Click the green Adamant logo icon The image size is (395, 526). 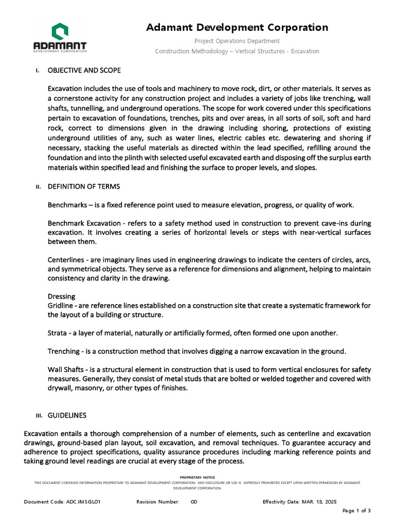tap(60, 30)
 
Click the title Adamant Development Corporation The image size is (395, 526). tap(237, 28)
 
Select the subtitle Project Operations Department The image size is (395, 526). tap(237, 41)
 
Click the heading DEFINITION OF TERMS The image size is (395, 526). tap(84, 186)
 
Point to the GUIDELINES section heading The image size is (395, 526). tap(67, 415)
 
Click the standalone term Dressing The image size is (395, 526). tap(62, 296)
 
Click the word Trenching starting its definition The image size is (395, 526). tap(63, 351)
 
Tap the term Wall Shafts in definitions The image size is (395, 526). tap(65, 370)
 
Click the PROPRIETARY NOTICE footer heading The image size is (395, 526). tap(197, 477)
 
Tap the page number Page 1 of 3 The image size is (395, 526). tap(356, 511)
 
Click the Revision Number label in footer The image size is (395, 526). tap(157, 502)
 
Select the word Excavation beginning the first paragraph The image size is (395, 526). tap(66, 88)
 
